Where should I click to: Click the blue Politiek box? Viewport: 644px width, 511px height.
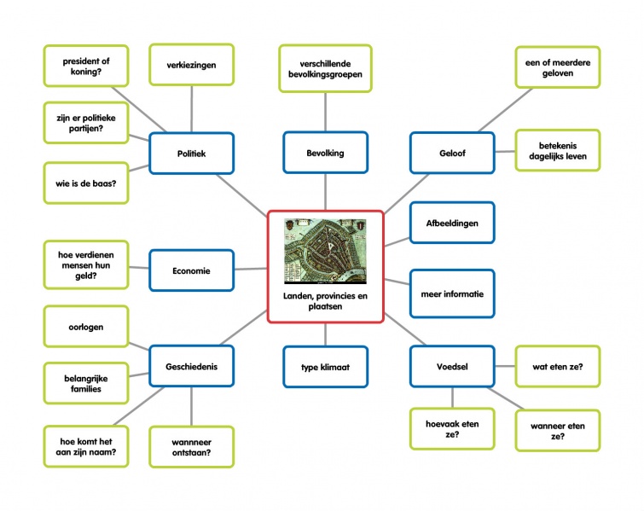pyautogui.click(x=191, y=154)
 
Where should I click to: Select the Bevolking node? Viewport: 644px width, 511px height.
pyautogui.click(x=325, y=154)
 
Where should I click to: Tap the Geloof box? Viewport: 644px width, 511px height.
pyautogui.click(x=451, y=154)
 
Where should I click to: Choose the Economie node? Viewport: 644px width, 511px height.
pyautogui.click(x=191, y=271)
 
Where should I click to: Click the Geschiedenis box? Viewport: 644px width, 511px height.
pyautogui.click(x=191, y=367)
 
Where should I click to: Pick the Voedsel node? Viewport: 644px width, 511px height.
pyautogui.click(x=451, y=367)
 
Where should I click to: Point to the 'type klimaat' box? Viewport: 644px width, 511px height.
pyautogui.click(x=325, y=367)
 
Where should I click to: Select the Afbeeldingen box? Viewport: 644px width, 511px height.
pyautogui.click(x=451, y=224)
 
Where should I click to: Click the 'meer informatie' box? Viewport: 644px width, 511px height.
pyautogui.click(x=451, y=294)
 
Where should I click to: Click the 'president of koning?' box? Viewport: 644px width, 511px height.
pyautogui.click(x=85, y=67)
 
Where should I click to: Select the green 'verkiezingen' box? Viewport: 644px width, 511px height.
pyautogui.click(x=191, y=65)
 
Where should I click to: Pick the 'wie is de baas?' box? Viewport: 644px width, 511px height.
pyautogui.click(x=85, y=183)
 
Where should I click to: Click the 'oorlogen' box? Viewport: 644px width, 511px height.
pyautogui.click(x=85, y=327)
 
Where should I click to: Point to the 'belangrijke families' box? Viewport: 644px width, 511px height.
pyautogui.click(x=85, y=383)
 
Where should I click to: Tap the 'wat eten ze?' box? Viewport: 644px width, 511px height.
pyautogui.click(x=557, y=367)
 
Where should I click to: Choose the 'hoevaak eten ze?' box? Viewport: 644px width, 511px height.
pyautogui.click(x=451, y=429)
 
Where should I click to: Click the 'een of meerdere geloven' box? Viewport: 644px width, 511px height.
pyautogui.click(x=557, y=67)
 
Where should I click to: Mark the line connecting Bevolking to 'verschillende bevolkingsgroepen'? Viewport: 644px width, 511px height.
pyautogui.click(x=325, y=111)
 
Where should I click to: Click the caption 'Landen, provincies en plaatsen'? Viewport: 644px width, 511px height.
pyautogui.click(x=324, y=301)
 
